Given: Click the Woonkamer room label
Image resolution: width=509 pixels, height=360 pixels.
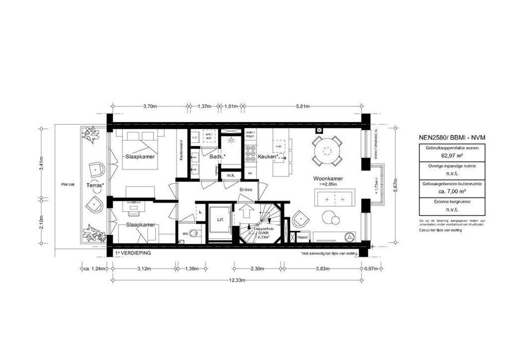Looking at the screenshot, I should tap(327, 178).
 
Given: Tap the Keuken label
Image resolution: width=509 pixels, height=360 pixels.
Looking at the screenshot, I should tap(268, 157).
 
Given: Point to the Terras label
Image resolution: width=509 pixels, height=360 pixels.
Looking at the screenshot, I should tap(95, 185).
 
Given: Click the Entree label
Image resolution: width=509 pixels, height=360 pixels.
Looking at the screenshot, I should tap(246, 189).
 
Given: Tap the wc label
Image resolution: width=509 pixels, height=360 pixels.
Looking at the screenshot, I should tap(185, 233).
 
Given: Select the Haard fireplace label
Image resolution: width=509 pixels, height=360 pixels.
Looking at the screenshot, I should tap(302, 237).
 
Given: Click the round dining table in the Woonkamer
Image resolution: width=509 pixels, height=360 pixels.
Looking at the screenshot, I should tap(327, 149).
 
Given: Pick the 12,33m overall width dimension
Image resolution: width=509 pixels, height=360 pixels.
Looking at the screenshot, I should tap(237, 280).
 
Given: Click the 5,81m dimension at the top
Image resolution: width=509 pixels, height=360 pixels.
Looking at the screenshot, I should tap(302, 106).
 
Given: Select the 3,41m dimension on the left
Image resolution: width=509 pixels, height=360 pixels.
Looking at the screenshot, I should tap(41, 162).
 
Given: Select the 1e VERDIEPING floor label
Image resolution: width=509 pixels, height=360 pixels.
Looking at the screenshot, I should tap(133, 253).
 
